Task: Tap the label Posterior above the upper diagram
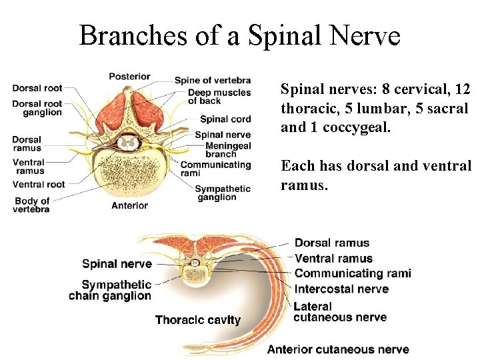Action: click(129, 77)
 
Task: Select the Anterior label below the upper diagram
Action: click(129, 205)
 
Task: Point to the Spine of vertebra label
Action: click(213, 81)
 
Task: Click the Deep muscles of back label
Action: click(219, 96)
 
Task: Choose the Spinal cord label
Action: click(225, 119)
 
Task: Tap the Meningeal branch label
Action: click(228, 150)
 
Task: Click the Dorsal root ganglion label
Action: click(37, 107)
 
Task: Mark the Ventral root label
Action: click(39, 184)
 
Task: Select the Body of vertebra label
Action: click(31, 205)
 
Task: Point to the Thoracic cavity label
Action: click(197, 320)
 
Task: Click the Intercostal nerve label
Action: click(341, 289)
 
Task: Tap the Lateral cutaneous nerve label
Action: click(340, 311)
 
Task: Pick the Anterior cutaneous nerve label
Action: click(338, 349)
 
